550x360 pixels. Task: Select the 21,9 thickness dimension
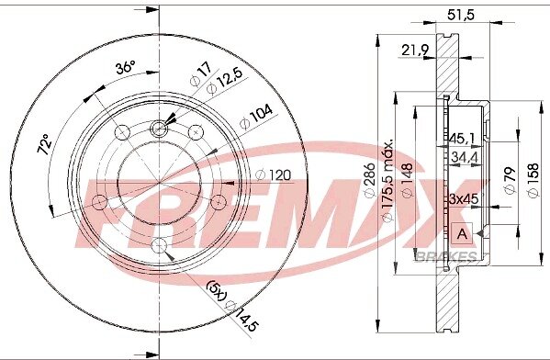point(415,51)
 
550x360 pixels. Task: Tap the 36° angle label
point(126,67)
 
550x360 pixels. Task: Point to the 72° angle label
point(45,144)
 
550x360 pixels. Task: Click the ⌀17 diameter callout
point(201,74)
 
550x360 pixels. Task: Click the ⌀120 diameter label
point(274,174)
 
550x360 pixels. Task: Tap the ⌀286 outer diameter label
point(370,181)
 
